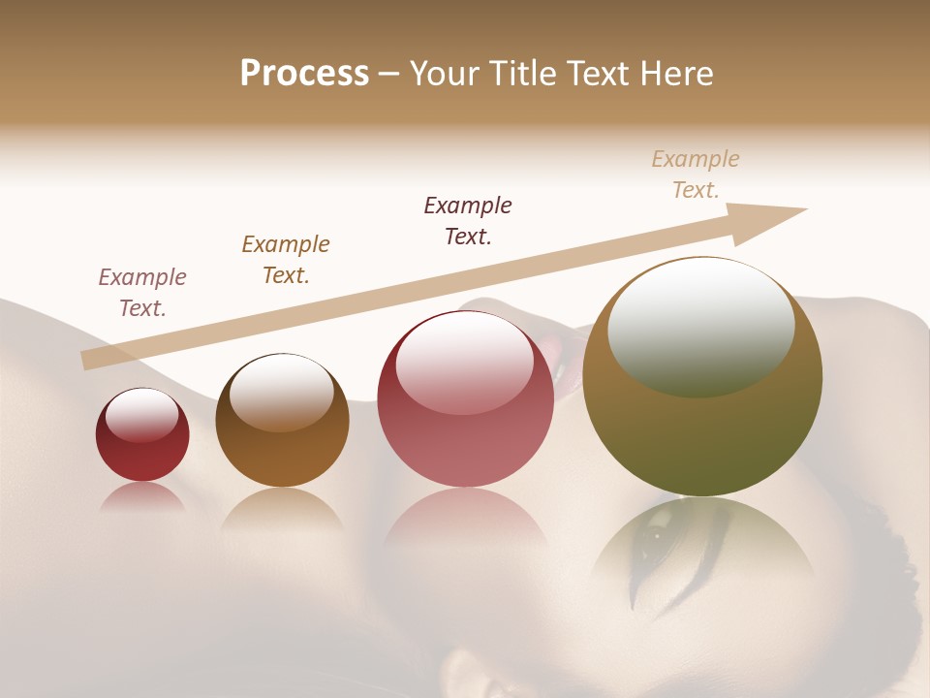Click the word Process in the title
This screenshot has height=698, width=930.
(304, 74)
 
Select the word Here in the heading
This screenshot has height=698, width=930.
(677, 74)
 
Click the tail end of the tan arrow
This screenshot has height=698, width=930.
(84, 361)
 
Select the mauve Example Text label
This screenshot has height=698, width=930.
(142, 293)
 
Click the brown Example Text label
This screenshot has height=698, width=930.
(286, 260)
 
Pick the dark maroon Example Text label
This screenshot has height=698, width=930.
(468, 221)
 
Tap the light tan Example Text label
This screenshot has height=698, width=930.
(696, 174)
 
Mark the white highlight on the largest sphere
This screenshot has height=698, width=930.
(701, 327)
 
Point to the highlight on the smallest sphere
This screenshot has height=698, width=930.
(142, 415)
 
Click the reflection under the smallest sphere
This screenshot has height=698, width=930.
(142, 496)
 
